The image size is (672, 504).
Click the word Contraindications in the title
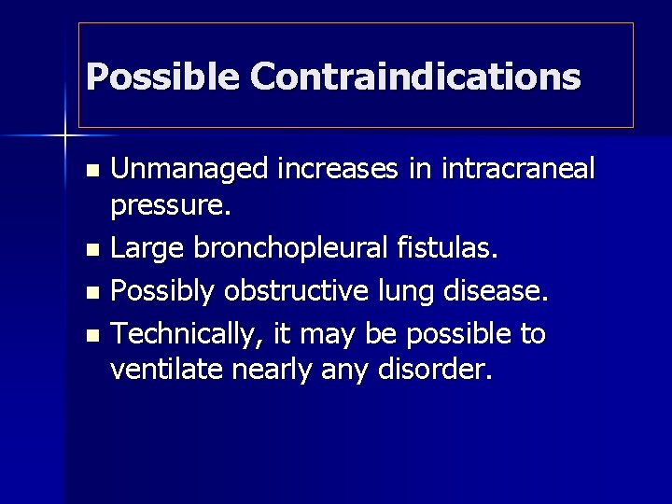coord(414,77)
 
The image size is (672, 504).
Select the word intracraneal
coord(517,170)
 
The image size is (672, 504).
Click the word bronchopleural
coord(279,249)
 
